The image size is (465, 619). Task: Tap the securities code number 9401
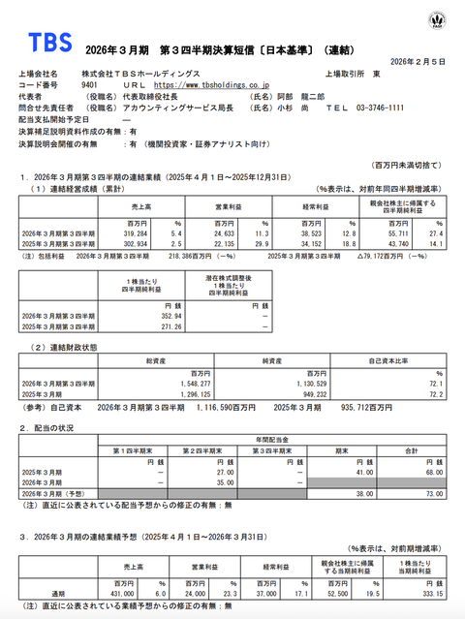[x=95, y=85]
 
